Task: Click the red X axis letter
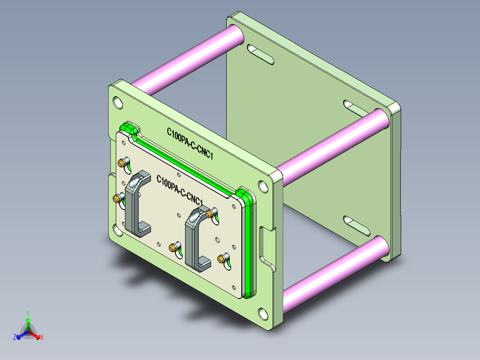click(42, 337)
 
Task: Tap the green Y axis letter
click(28, 314)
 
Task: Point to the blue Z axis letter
click(15, 337)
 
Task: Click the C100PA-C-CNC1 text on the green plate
click(190, 143)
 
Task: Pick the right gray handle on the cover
click(198, 239)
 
